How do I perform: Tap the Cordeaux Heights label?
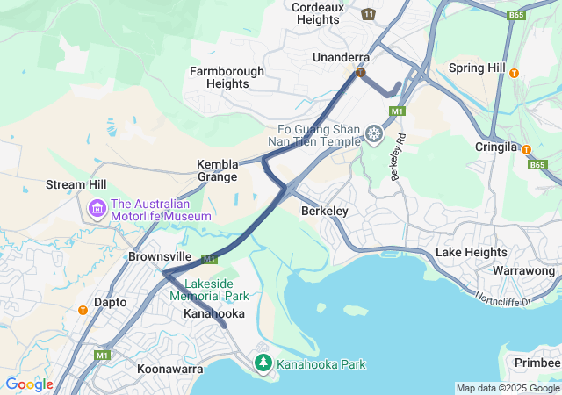coord(318,13)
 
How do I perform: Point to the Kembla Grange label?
coord(217,170)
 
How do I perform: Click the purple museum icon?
coord(97,209)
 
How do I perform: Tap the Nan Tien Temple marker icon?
coord(375,134)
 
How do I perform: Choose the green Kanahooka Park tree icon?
coord(263,362)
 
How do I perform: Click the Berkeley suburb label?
coord(325,212)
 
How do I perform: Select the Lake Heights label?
coord(472,253)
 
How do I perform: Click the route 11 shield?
coord(368,14)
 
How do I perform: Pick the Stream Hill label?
coord(76,186)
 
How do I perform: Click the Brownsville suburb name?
coord(160,256)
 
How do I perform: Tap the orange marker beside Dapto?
coord(83,309)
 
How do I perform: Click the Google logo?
coord(29,384)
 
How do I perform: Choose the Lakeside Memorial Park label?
coord(209,290)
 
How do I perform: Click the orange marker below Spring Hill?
coord(514,74)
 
